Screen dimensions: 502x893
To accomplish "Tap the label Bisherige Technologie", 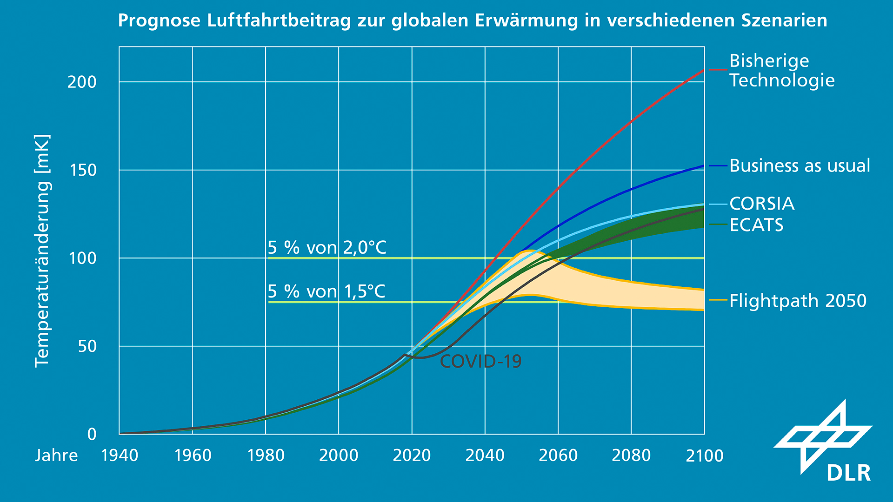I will pos(782,71).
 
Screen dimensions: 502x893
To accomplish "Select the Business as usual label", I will pos(799,166).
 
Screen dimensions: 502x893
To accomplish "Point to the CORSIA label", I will pos(761,204).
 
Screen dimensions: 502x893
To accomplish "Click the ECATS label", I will pos(756,225).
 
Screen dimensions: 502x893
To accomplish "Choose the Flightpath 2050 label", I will pos(798,301).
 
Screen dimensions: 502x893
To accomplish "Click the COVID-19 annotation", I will pos(480,361).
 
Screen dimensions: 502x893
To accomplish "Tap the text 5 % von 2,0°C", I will pos(327,248).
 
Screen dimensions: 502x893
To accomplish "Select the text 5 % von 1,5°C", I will pos(326,291).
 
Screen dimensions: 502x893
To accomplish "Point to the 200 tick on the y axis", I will pos(82,82).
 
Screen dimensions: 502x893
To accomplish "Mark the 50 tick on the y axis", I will pos(87,346).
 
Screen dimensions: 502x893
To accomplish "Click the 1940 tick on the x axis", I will pos(120,456).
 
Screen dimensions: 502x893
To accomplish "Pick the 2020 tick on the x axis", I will pos(412,456).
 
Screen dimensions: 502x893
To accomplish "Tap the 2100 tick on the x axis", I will pos(704,456).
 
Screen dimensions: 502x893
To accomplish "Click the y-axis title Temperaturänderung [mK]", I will pos(42,251).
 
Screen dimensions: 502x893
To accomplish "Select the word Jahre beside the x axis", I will pos(56,456).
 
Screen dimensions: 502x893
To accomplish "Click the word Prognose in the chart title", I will pos(159,21).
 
